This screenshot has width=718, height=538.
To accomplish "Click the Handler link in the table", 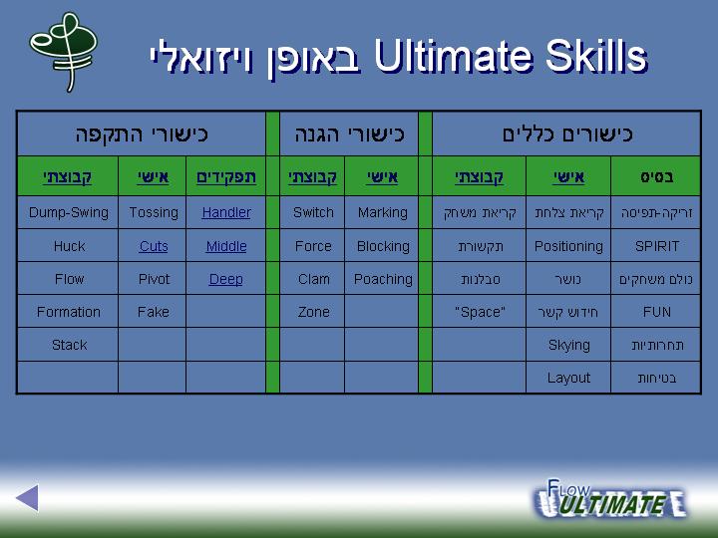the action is [226, 212].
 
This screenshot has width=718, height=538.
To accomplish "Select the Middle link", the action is [226, 246].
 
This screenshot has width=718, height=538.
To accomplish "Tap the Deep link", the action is [225, 279].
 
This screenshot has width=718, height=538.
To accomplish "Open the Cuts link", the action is [154, 246].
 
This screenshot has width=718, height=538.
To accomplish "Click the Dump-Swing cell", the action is [68, 212].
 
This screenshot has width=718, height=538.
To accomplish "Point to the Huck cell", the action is [68, 246].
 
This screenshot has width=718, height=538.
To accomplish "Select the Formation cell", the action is [68, 311].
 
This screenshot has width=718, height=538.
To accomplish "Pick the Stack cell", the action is [68, 345].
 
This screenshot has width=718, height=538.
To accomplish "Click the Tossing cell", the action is [153, 212].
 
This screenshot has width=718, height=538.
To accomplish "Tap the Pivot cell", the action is [153, 279].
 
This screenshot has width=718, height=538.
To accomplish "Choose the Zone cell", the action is [313, 311].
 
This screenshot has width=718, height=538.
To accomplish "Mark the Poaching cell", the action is [382, 279].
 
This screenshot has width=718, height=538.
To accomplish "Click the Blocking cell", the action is [382, 246].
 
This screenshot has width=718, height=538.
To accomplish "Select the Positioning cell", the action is [568, 246].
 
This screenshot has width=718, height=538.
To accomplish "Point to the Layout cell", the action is [568, 378].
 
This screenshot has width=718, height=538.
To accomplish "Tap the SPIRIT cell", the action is [656, 246].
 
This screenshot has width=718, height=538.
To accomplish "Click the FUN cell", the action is [656, 311].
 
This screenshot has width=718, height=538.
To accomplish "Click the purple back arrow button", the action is [28, 498].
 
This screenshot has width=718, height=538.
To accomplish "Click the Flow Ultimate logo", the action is [610, 499].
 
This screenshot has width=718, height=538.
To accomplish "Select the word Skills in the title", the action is [596, 56].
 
